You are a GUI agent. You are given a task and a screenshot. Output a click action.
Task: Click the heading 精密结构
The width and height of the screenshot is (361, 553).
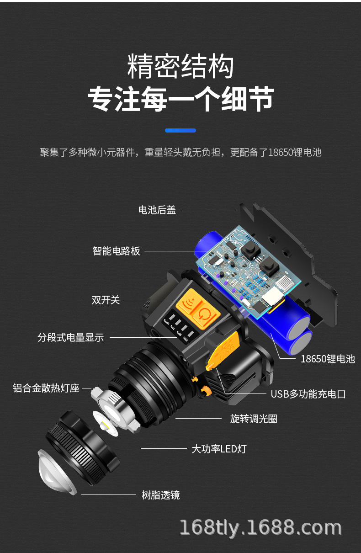pyautogui.click(x=180, y=67)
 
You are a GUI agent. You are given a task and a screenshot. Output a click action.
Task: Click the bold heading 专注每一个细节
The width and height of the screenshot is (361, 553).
pyautogui.click(x=180, y=99)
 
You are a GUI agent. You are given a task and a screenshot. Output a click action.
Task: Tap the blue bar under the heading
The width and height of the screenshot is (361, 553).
pyautogui.click(x=180, y=130)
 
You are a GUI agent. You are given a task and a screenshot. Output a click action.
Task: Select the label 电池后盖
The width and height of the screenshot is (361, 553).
pyautogui.click(x=157, y=210)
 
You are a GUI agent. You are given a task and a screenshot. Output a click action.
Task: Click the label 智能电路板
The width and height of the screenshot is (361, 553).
pyautogui.click(x=116, y=251)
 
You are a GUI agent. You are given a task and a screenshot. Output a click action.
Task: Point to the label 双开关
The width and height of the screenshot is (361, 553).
pyautogui.click(x=106, y=300)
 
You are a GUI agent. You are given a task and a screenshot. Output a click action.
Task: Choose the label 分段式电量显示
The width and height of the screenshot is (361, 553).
pyautogui.click(x=70, y=338)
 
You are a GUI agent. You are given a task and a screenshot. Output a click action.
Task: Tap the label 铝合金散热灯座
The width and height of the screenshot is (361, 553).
pyautogui.click(x=46, y=388)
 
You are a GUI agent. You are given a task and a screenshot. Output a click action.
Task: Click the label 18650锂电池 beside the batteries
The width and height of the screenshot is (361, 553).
pyautogui.click(x=327, y=359)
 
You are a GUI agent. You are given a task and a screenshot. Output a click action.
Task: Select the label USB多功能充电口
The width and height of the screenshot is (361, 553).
pyautogui.click(x=308, y=394)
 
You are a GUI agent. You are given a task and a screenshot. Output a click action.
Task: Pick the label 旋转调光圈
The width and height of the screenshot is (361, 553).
pyautogui.click(x=254, y=419)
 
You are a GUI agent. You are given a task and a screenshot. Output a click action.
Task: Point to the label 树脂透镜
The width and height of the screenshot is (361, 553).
pyautogui.click(x=160, y=495)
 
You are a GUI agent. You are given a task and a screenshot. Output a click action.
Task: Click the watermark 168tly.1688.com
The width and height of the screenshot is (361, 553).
pyautogui.click(x=260, y=527)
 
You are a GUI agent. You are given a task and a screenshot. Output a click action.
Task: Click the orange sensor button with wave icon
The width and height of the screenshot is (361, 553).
pyautogui.click(x=188, y=305)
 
